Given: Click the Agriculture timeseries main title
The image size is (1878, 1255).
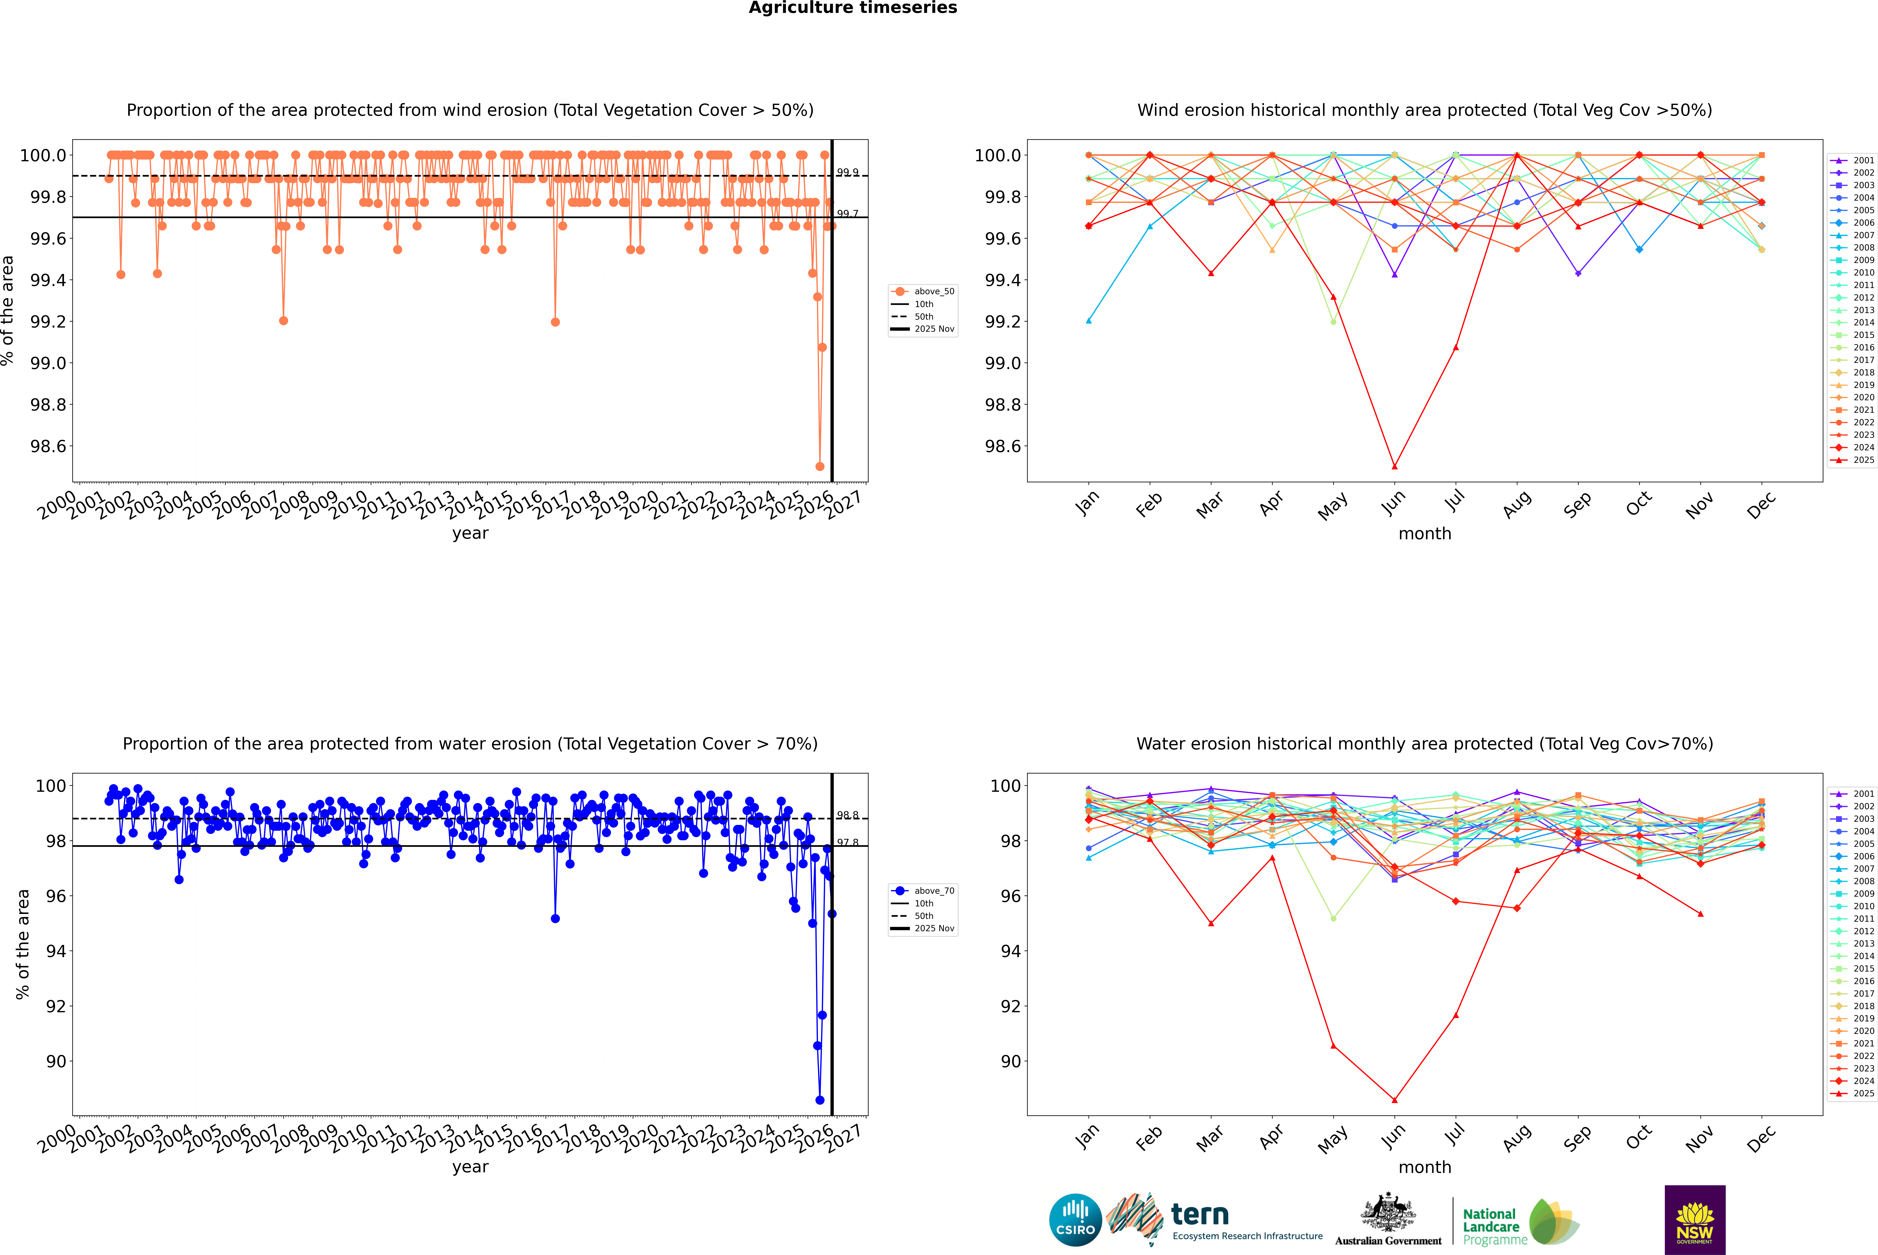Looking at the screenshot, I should pyautogui.click(x=852, y=8).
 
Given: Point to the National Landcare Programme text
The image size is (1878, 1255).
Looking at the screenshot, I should pyautogui.click(x=1491, y=1226).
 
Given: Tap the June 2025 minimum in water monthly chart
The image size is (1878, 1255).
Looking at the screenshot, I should pyautogui.click(x=1394, y=1100).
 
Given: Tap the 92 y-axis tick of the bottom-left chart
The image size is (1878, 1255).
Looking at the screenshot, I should pyautogui.click(x=56, y=1006).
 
